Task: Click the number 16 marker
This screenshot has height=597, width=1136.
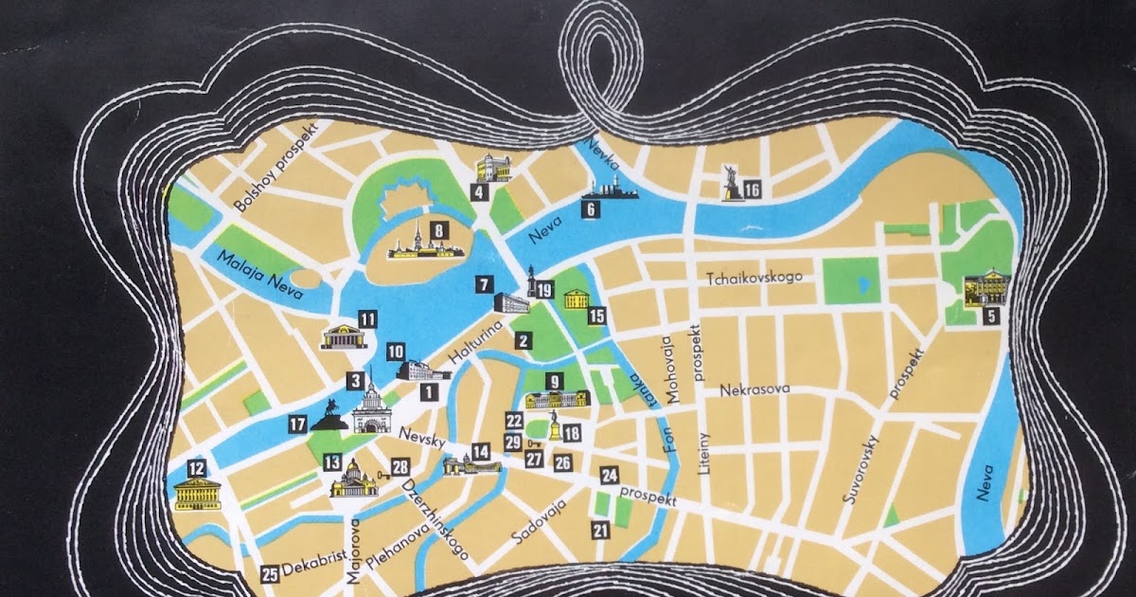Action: (753, 190)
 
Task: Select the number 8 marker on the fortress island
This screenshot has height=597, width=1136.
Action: (438, 229)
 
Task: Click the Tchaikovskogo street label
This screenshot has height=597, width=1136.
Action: (754, 277)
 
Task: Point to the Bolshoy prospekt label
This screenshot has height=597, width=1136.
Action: (279, 166)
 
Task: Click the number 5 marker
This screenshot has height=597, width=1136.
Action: (990, 317)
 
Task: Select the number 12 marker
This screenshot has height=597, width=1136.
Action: (197, 467)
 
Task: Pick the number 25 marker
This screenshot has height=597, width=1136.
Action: (270, 573)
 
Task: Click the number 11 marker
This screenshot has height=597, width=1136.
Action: (367, 319)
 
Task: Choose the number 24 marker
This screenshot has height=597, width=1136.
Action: (610, 476)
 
